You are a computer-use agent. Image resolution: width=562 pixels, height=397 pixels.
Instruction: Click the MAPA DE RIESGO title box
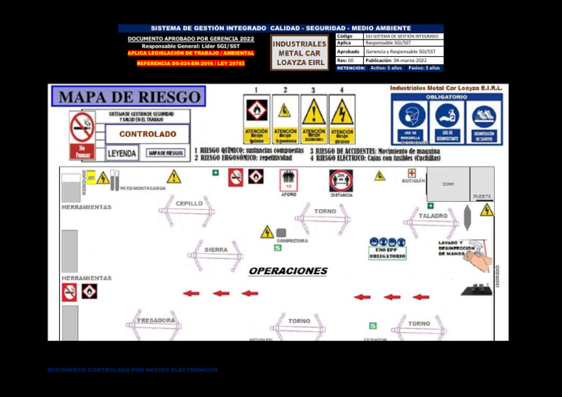coord(129,97)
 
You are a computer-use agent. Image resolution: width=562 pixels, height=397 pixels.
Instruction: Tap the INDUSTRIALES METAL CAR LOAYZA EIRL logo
coord(299,53)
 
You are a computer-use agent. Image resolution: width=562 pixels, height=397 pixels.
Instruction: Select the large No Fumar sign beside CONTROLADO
coord(82,135)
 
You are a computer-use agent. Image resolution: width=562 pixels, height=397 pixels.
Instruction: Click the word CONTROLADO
coord(147,135)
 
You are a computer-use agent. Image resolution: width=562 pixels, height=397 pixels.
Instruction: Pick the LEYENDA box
coord(121,154)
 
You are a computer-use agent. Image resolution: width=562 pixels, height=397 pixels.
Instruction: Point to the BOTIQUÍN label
coord(413,181)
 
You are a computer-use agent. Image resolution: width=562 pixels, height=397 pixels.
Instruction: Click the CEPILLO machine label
coord(190,203)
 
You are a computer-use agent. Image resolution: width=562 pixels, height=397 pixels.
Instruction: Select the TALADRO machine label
coord(432,216)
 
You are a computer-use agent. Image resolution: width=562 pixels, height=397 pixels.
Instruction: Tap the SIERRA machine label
coord(216,250)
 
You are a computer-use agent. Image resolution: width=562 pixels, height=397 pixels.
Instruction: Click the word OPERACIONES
coord(288,271)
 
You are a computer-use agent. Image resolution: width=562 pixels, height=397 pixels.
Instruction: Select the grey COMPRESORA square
coord(281,232)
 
